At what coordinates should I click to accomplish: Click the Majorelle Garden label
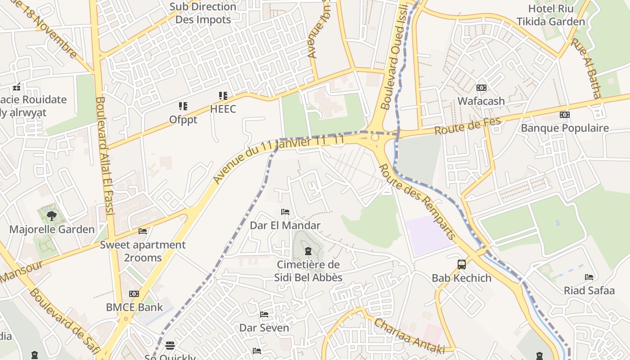click(52, 229)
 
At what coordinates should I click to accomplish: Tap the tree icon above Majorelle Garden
click(52, 216)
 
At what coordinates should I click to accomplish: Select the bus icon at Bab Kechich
click(462, 265)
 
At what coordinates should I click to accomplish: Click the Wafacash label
click(481, 101)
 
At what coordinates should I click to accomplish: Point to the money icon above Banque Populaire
click(564, 115)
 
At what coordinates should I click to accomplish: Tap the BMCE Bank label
click(134, 307)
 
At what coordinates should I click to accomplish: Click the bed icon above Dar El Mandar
click(285, 212)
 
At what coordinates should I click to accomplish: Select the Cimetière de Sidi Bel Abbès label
click(308, 271)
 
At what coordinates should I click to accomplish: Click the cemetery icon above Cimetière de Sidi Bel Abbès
click(308, 251)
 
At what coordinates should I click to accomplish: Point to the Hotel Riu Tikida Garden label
click(551, 15)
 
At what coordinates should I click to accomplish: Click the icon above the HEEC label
click(223, 96)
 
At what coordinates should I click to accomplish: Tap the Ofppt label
click(183, 120)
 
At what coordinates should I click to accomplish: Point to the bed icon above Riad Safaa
click(589, 277)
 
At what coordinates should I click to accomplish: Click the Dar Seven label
click(264, 328)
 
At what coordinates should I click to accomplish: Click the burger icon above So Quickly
click(170, 346)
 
